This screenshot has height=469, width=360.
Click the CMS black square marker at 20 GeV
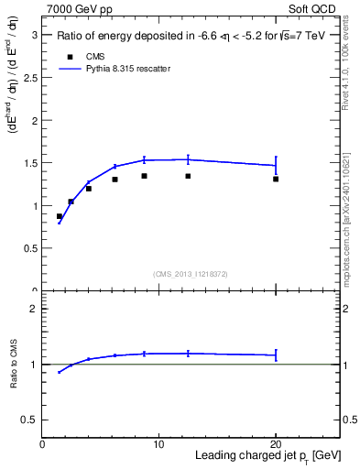276,179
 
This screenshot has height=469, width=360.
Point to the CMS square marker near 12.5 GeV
188,176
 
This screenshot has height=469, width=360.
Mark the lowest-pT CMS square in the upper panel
60,217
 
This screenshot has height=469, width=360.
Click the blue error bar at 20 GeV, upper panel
276,165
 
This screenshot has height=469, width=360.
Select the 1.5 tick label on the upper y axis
30,163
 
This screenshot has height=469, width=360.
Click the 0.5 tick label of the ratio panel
30,420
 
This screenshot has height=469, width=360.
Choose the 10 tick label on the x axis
158,444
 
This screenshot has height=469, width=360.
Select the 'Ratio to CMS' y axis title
14,365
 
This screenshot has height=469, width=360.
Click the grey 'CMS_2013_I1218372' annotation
191,274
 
